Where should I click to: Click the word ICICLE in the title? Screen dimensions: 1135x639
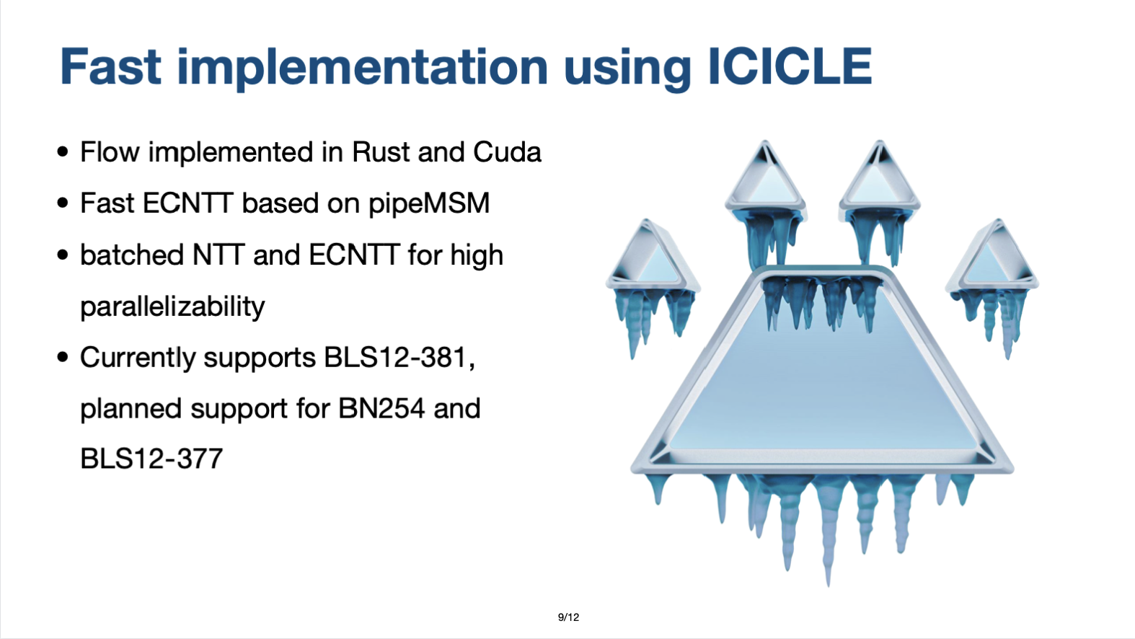(790, 66)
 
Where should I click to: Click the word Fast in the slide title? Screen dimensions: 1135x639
(110, 66)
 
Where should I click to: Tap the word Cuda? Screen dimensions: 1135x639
(507, 151)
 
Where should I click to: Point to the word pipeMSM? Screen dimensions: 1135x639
(428, 204)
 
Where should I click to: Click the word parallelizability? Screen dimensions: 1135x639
(172, 307)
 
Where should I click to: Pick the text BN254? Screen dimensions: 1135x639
(381, 408)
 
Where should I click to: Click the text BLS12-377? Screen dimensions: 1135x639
(151, 459)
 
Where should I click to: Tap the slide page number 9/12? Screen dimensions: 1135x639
(568, 617)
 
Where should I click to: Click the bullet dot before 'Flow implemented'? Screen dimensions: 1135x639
(63, 151)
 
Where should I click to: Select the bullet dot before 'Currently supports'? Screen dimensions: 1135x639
(63, 357)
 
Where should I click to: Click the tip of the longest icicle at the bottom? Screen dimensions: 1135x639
(829, 586)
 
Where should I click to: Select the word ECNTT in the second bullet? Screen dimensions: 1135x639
(187, 203)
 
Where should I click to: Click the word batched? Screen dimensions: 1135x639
(132, 255)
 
